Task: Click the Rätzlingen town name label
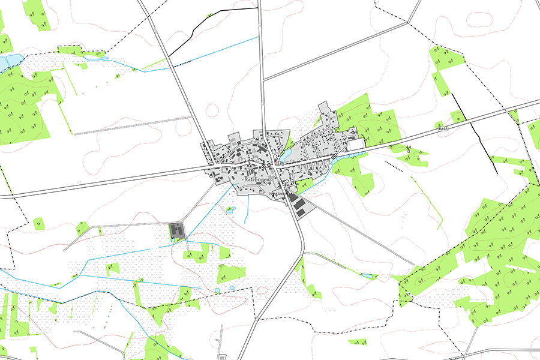[256, 179]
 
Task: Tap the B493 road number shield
[443, 128]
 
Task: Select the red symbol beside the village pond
[277, 162]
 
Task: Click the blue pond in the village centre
[284, 157]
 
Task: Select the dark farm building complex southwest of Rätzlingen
[177, 230]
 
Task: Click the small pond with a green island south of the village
[229, 209]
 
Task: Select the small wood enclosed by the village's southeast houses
[304, 185]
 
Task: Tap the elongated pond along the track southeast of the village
[367, 275]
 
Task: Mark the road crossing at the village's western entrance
[213, 167]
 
